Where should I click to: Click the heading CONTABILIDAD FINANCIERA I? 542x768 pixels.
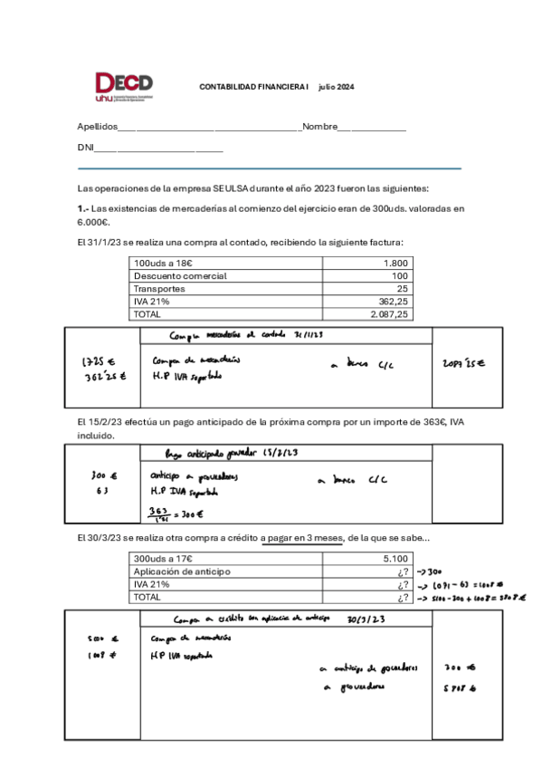(x=253, y=87)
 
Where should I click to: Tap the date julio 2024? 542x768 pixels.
(x=336, y=87)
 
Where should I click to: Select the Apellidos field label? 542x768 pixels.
(x=97, y=127)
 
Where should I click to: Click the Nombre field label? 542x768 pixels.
(x=319, y=127)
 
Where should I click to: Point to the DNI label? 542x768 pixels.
(x=86, y=148)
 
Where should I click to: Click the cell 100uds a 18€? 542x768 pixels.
(x=162, y=263)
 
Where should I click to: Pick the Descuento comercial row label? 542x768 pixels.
(x=179, y=275)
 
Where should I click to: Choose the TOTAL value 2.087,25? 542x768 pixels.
(x=389, y=313)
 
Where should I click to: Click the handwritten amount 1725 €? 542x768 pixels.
(x=96, y=361)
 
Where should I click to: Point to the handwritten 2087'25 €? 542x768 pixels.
(x=464, y=363)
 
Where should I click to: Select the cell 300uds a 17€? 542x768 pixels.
(x=162, y=560)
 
